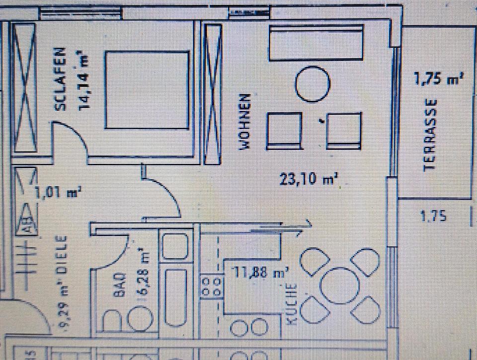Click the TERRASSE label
[x=431, y=135]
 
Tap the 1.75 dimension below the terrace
[x=433, y=216]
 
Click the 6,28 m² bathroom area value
[x=143, y=273]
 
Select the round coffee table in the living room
[x=313, y=85]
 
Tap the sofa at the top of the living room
[x=316, y=43]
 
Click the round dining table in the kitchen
[x=340, y=286]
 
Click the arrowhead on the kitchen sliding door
[x=307, y=225]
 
